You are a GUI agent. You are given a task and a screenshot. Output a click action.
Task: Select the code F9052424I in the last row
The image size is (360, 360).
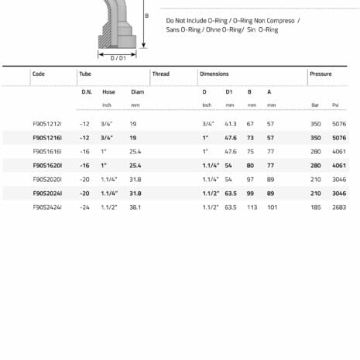(x=47, y=207)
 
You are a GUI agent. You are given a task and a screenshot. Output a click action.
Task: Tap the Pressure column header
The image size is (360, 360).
(x=321, y=74)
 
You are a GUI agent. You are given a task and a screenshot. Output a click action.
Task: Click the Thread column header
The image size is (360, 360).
(x=161, y=74)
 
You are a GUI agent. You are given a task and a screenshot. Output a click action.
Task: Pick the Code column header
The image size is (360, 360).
(x=39, y=74)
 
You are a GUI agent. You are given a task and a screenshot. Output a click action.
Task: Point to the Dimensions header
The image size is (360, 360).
(x=214, y=74)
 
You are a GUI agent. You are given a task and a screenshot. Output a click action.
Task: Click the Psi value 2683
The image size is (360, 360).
(x=338, y=207)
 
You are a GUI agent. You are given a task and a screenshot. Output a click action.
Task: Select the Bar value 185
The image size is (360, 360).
(x=315, y=207)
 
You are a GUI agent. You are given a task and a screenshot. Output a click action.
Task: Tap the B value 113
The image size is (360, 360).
(x=251, y=207)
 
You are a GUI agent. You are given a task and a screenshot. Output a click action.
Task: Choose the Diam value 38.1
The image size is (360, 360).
(x=136, y=207)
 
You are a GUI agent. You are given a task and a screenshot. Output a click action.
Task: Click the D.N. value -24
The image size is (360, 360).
(x=85, y=207)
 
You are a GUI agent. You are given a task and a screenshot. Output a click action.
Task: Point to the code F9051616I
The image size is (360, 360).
(x=47, y=152)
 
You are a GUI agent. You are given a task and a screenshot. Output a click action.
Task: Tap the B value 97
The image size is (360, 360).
(x=250, y=180)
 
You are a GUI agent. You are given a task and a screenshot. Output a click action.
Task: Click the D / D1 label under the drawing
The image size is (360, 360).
(x=118, y=57)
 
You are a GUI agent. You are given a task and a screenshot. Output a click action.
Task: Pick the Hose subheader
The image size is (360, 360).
(x=108, y=92)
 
